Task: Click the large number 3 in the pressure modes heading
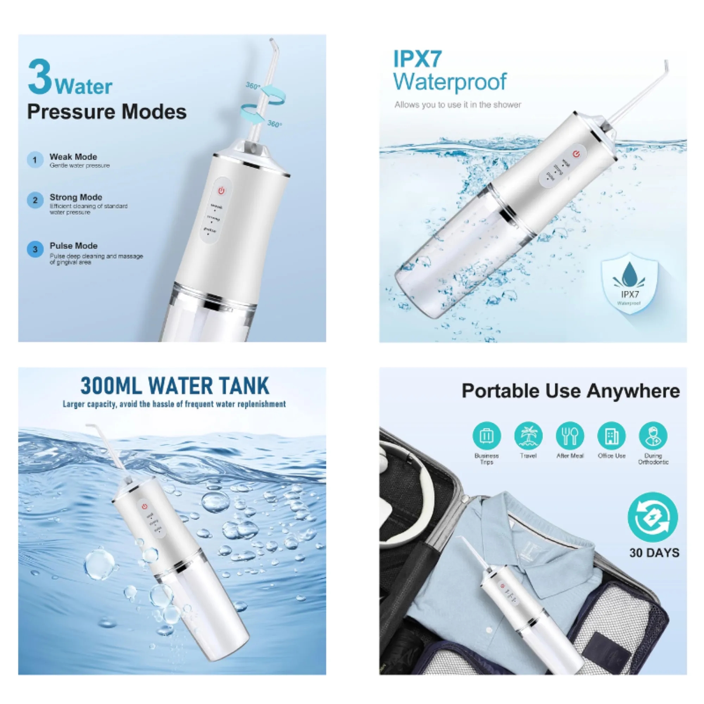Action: coord(40,77)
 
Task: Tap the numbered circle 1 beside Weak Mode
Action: coord(35,160)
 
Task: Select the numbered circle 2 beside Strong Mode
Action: coord(35,200)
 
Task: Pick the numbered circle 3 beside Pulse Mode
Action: coord(35,250)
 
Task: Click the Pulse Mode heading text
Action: coord(74,246)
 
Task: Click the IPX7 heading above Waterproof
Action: coord(417,59)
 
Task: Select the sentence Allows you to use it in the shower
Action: coord(458,105)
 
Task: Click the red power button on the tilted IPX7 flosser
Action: coord(576,154)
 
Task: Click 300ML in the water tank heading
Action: coord(111,386)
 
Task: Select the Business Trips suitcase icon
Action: coord(486,436)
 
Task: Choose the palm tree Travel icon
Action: coord(528,436)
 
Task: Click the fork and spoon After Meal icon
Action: coord(570,436)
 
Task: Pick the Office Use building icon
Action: coord(611,436)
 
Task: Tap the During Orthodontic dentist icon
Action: coord(653,436)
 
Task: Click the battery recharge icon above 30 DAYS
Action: coord(653,517)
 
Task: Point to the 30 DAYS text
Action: coord(654,553)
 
